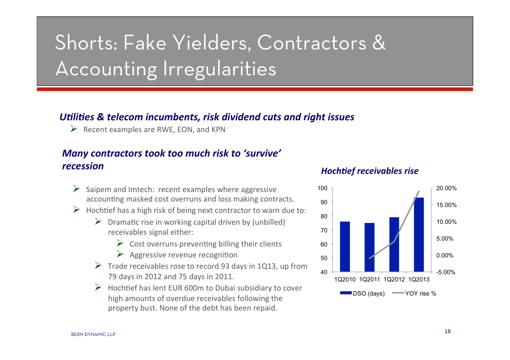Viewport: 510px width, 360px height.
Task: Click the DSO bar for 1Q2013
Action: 419,234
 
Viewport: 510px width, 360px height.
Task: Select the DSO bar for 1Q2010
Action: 345,247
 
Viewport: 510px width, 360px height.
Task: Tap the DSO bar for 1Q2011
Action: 370,247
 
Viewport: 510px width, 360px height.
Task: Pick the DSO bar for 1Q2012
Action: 394,244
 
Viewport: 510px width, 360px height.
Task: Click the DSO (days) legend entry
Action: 362,293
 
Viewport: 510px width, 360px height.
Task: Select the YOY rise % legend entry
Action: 414,293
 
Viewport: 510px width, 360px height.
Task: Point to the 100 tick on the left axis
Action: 322,188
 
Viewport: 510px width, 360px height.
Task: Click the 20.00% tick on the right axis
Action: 446,188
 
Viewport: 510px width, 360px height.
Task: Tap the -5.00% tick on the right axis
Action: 446,272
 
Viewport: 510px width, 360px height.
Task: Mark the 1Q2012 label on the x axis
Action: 394,280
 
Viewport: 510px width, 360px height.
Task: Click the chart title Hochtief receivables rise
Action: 370,171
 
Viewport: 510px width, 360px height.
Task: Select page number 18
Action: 447,331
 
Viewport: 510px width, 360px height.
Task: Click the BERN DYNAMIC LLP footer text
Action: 94,334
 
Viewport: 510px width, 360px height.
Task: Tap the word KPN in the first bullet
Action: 218,129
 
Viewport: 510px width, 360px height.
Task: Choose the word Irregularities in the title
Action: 219,69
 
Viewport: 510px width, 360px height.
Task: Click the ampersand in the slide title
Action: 379,43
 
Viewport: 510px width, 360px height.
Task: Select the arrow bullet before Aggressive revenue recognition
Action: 120,254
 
